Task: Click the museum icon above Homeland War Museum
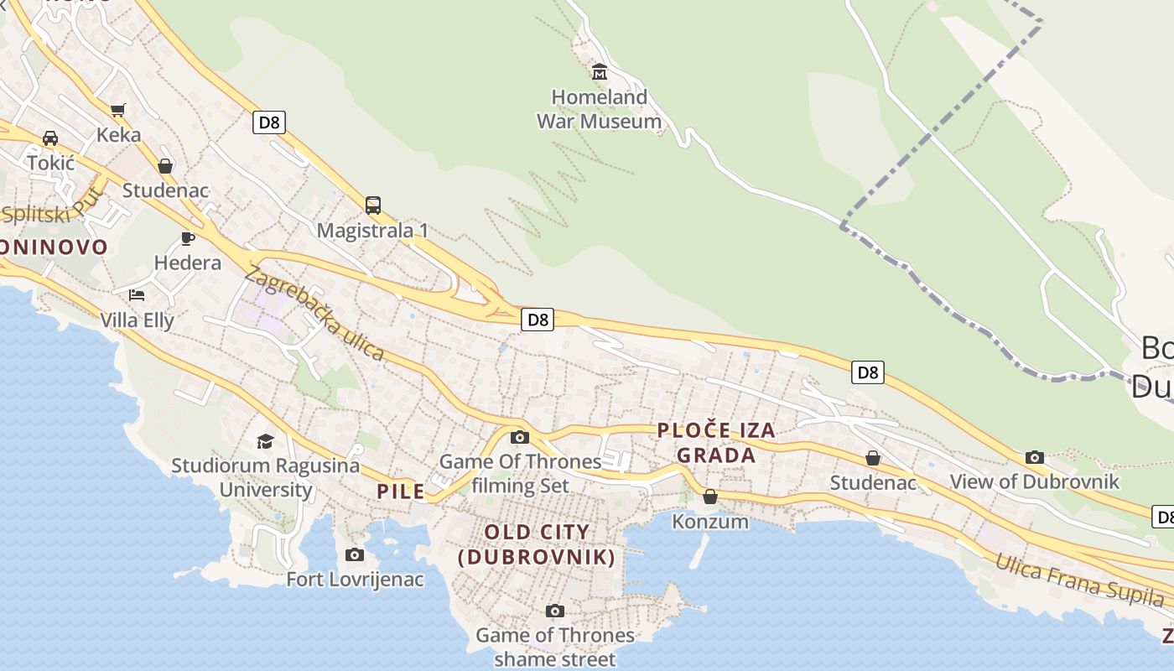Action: tap(600, 72)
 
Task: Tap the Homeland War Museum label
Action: tap(599, 109)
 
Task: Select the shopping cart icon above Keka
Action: tap(118, 110)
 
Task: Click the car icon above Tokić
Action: tap(50, 138)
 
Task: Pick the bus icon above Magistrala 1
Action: tap(373, 205)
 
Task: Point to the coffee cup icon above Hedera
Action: tap(188, 238)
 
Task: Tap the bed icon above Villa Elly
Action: tap(137, 294)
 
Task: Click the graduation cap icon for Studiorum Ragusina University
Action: tap(265, 441)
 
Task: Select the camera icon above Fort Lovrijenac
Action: tap(355, 554)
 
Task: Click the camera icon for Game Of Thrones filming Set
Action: tap(520, 437)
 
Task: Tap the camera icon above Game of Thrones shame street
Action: tap(554, 611)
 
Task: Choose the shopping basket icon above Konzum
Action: tap(710, 497)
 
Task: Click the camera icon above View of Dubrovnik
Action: tap(1035, 457)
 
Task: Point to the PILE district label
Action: tap(401, 492)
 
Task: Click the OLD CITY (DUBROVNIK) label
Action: tap(537, 544)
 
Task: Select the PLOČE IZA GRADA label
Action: tap(716, 443)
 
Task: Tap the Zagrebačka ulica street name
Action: tap(314, 312)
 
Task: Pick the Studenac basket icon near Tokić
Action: tap(165, 166)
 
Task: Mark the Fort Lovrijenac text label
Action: tap(355, 580)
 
